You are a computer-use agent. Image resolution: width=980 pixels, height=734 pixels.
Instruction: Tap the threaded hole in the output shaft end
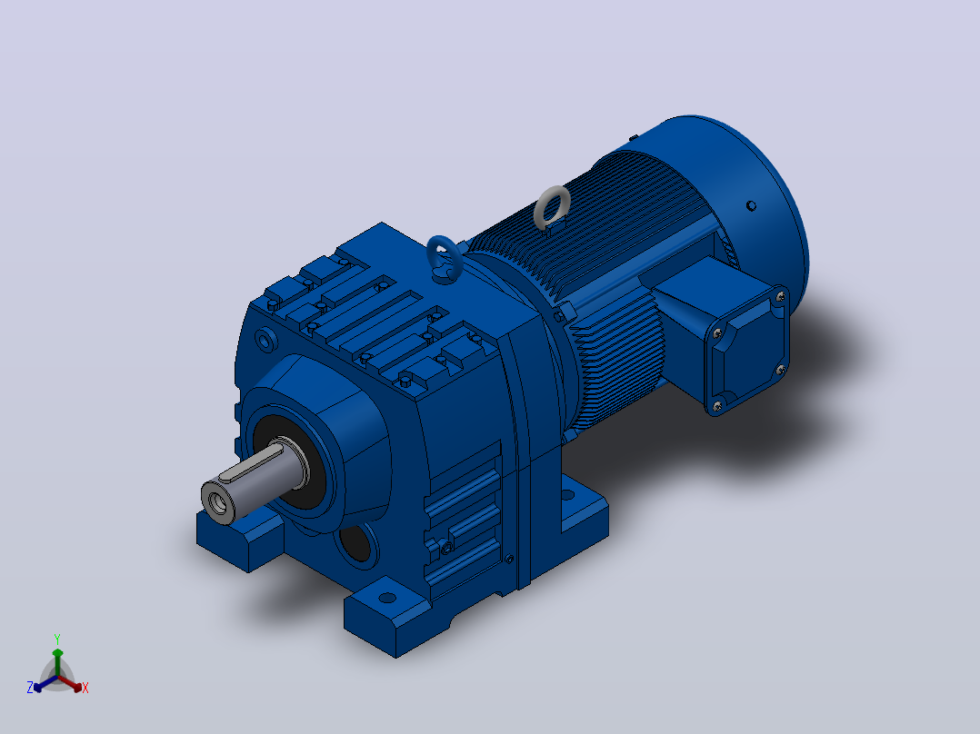(x=218, y=501)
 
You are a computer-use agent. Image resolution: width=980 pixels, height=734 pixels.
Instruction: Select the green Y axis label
(x=57, y=639)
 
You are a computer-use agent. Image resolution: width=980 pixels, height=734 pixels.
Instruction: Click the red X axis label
(x=85, y=688)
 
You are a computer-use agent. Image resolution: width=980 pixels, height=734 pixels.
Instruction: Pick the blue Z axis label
(x=29, y=687)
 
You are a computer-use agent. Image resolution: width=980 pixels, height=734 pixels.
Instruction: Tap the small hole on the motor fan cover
(x=751, y=205)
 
